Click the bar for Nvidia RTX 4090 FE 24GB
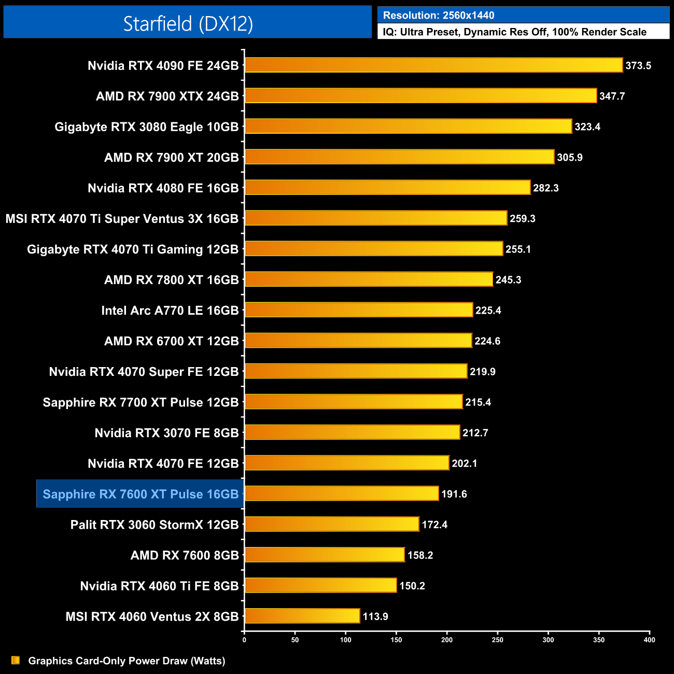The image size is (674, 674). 433,65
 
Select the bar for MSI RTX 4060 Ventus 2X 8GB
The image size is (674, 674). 302,616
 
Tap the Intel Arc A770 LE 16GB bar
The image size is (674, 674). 359,310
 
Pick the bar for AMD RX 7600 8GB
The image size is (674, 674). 325,555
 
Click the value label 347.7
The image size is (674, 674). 612,96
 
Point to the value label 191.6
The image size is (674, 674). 454,494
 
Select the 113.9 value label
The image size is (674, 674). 375,616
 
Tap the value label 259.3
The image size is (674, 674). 522,219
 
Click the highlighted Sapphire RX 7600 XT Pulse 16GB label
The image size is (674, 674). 141,494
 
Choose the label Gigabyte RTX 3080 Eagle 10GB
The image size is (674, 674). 147,127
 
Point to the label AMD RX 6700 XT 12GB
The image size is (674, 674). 172,341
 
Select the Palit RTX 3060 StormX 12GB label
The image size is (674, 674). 155,525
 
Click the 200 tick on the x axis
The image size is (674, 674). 447,640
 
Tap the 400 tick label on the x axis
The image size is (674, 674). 649,640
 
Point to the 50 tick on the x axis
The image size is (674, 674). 295,640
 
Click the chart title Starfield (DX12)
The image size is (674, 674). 188,23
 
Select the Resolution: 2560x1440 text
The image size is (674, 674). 439,16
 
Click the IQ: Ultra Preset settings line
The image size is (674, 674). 514,32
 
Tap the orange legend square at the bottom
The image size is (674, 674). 16,661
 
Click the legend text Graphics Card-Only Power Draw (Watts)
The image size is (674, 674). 127,661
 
